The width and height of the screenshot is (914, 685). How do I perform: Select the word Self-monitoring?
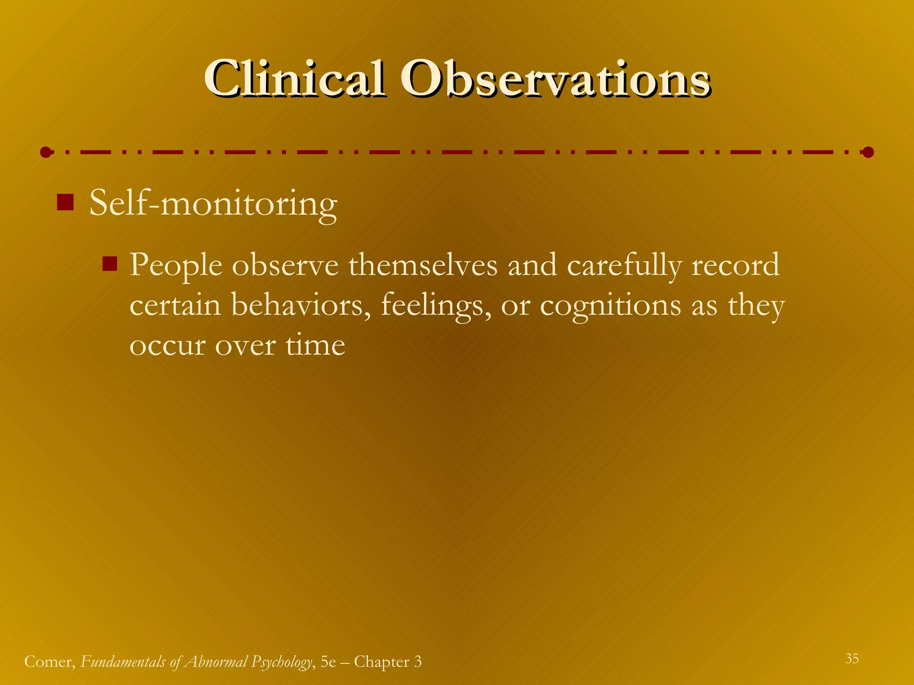coord(213,204)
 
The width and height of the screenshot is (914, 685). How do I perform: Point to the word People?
coord(176,266)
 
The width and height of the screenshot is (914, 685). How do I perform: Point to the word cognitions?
coord(611,307)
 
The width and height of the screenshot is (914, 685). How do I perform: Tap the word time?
coord(315,345)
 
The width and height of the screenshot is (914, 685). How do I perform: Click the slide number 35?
coord(852,658)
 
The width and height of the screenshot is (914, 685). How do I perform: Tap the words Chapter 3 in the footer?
coord(387,662)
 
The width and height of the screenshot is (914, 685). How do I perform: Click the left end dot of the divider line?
coord(46,153)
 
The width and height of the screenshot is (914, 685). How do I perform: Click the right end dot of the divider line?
coord(868,153)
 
